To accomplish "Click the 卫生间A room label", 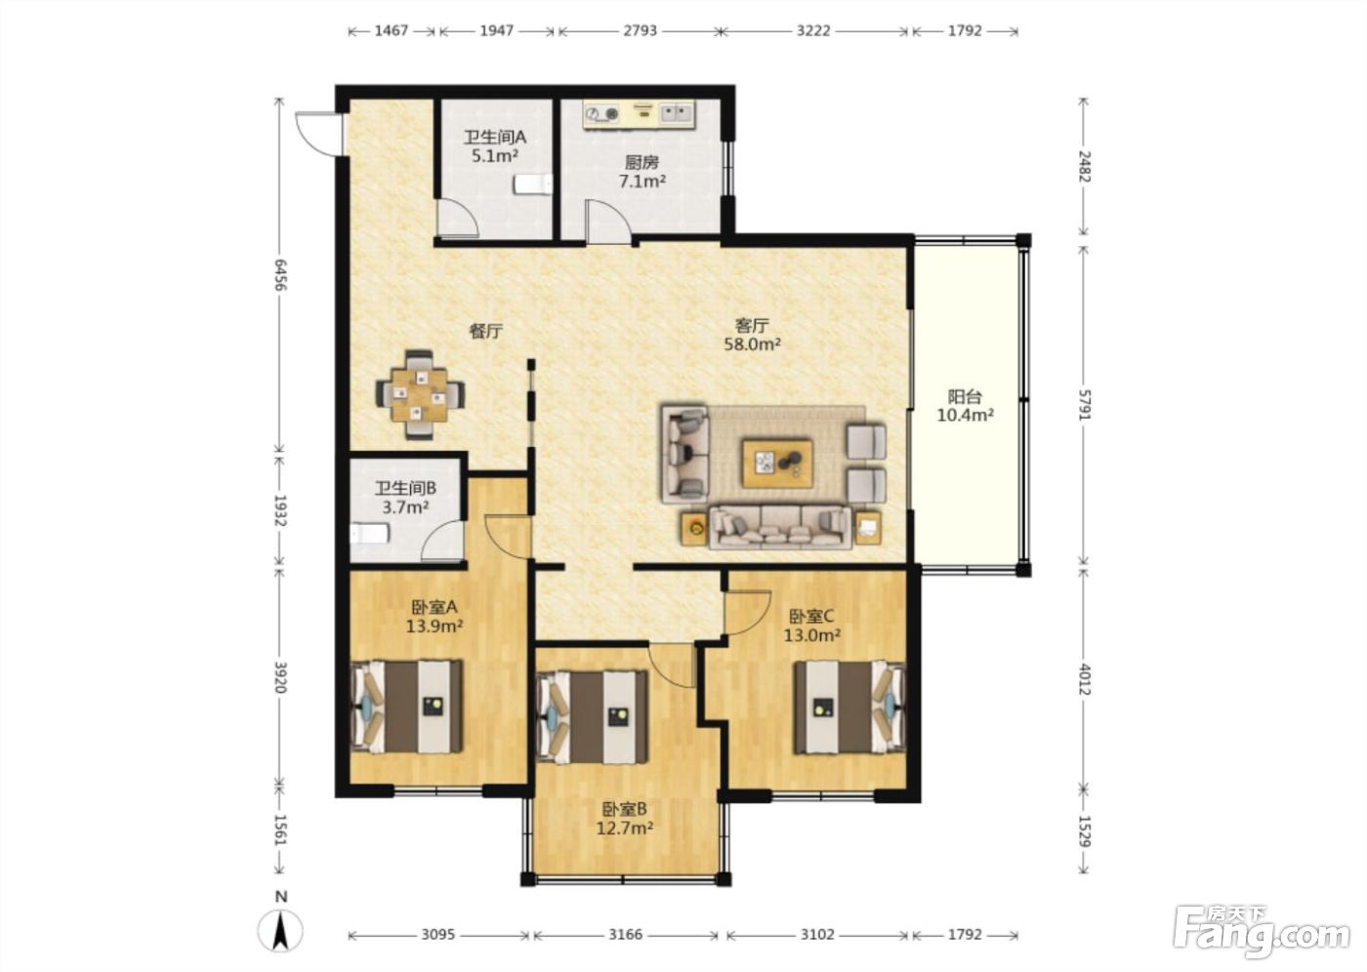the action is pyautogui.click(x=494, y=138).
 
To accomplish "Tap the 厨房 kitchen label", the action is pyautogui.click(x=642, y=162).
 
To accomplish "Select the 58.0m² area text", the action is pyautogui.click(x=753, y=344).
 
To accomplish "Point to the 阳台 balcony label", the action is pyautogui.click(x=965, y=396).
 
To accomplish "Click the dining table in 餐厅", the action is pyautogui.click(x=419, y=394).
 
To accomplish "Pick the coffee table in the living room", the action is pyautogui.click(x=777, y=463).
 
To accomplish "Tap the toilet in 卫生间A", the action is pyautogui.click(x=533, y=184).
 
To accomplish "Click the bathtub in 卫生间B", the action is pyautogui.click(x=370, y=534).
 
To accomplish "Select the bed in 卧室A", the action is pyautogui.click(x=407, y=707).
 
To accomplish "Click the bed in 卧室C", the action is pyautogui.click(x=849, y=708).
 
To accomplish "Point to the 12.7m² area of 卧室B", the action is pyautogui.click(x=625, y=829).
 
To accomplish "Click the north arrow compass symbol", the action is pyautogui.click(x=280, y=931).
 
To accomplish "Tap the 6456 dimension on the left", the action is pyautogui.click(x=279, y=275).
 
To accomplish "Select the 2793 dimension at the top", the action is pyautogui.click(x=640, y=30).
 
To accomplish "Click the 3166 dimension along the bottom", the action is pyautogui.click(x=626, y=935).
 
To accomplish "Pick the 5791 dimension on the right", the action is pyautogui.click(x=1084, y=404).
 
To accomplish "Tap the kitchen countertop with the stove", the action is pyautogui.click(x=639, y=114).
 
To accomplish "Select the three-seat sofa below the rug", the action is pyautogui.click(x=780, y=527).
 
